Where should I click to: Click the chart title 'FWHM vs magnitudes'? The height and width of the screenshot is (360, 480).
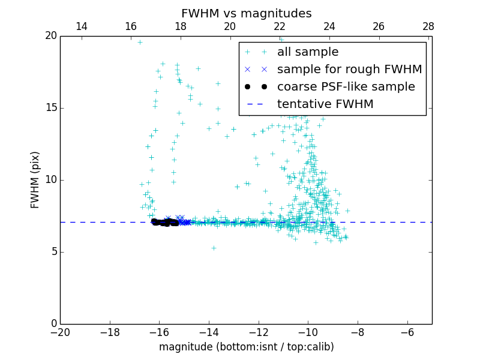(x=246, y=13)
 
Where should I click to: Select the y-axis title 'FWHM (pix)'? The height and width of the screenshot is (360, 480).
(x=35, y=179)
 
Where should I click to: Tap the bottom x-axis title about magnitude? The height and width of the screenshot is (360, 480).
(x=246, y=347)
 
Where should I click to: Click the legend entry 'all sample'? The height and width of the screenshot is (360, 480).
(x=308, y=52)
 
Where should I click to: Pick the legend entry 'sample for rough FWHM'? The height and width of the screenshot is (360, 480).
(x=349, y=70)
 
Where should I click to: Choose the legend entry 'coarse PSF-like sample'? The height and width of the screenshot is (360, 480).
(x=346, y=87)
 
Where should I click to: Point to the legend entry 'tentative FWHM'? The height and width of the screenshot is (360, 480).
(x=325, y=104)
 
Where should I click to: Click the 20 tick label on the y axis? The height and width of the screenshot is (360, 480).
(x=50, y=36)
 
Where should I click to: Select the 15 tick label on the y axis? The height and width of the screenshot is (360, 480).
(x=50, y=108)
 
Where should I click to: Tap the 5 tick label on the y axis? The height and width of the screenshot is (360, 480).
(x=53, y=252)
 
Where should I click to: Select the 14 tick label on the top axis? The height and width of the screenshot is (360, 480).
(x=81, y=26)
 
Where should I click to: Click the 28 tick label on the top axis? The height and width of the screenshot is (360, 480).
(x=428, y=26)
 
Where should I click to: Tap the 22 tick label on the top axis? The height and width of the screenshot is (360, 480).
(x=280, y=26)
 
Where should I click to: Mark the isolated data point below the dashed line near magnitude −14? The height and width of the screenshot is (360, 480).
(x=213, y=248)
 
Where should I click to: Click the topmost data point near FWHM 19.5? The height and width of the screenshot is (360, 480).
(x=140, y=42)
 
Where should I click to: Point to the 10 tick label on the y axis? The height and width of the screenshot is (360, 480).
(x=50, y=180)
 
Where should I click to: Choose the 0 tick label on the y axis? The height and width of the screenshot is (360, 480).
(x=53, y=324)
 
